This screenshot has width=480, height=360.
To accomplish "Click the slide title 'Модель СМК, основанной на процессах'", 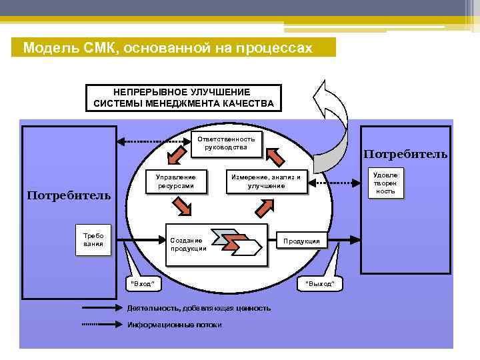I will pos(167,48).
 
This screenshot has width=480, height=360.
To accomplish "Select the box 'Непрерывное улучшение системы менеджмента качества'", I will pos(183,97).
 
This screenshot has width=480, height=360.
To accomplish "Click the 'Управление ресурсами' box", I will pos(175,181).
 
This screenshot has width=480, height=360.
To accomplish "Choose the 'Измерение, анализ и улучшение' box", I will pos(266,181).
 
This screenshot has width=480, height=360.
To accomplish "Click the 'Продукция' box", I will pos(301,241).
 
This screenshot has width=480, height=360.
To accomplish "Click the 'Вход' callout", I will pos(144,283).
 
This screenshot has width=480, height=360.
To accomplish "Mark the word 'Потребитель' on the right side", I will pos(405,154).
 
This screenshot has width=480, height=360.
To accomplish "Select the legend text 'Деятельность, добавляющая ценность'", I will pos(198,308).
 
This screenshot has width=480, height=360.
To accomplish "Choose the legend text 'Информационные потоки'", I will pos(174,325).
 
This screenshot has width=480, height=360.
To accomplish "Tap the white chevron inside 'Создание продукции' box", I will pos(248,247).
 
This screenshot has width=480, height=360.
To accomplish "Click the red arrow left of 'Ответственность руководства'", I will pos(175,155).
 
